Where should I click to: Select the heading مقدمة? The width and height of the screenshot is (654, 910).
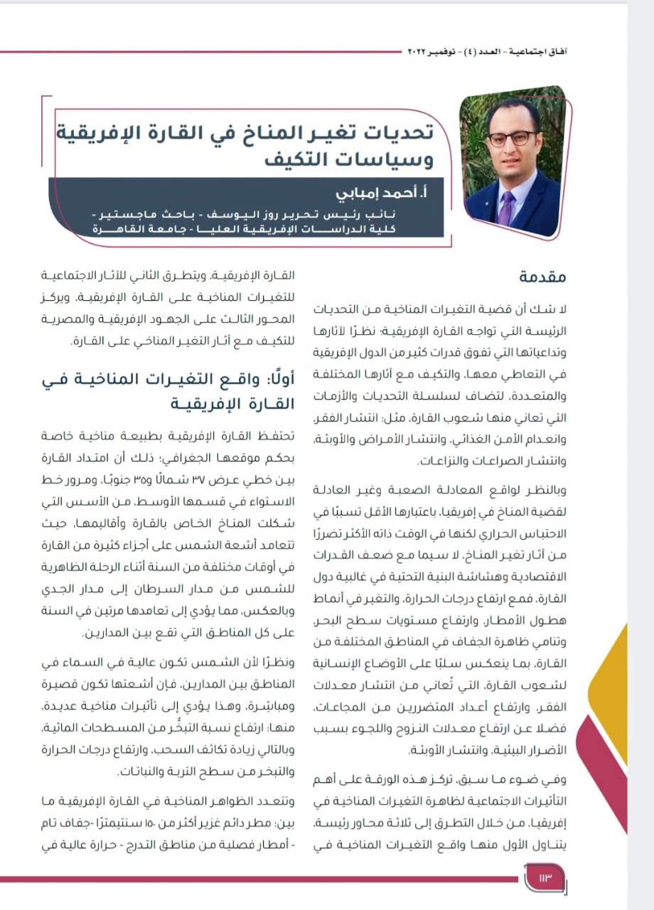(542, 277)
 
